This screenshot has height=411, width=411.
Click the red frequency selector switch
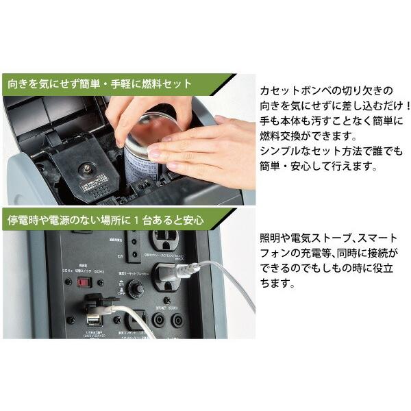pos(84,282)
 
